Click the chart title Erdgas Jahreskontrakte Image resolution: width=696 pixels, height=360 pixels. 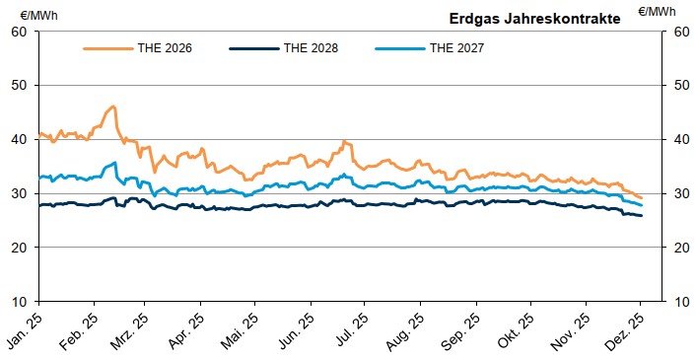click(x=535, y=18)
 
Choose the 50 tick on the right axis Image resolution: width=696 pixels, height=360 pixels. click(x=678, y=86)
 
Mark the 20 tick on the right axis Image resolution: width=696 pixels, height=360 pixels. click(x=678, y=248)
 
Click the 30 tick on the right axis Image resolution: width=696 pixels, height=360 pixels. click(x=678, y=193)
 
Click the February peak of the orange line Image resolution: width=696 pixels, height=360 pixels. click(x=113, y=106)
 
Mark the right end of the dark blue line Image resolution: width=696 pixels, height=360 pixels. click(x=642, y=216)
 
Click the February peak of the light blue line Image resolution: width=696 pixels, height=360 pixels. click(x=114, y=163)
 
